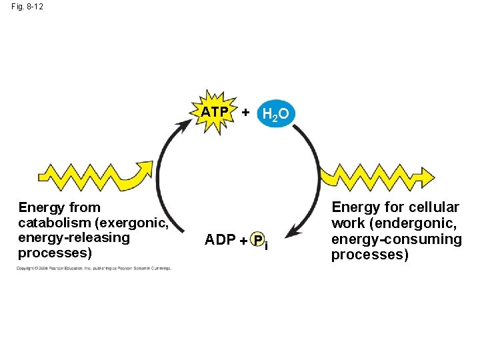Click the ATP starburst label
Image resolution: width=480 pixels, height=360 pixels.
click(215, 111)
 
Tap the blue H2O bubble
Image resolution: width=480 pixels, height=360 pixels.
click(275, 114)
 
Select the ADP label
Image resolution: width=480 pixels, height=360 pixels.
click(219, 239)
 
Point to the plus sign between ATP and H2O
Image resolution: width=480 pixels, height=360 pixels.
click(245, 113)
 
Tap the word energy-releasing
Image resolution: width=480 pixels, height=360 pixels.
click(74, 238)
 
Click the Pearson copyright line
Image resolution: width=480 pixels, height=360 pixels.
click(94, 269)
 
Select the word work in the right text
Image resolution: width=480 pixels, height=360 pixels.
click(347, 223)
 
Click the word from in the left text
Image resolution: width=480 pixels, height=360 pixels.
click(86, 207)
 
